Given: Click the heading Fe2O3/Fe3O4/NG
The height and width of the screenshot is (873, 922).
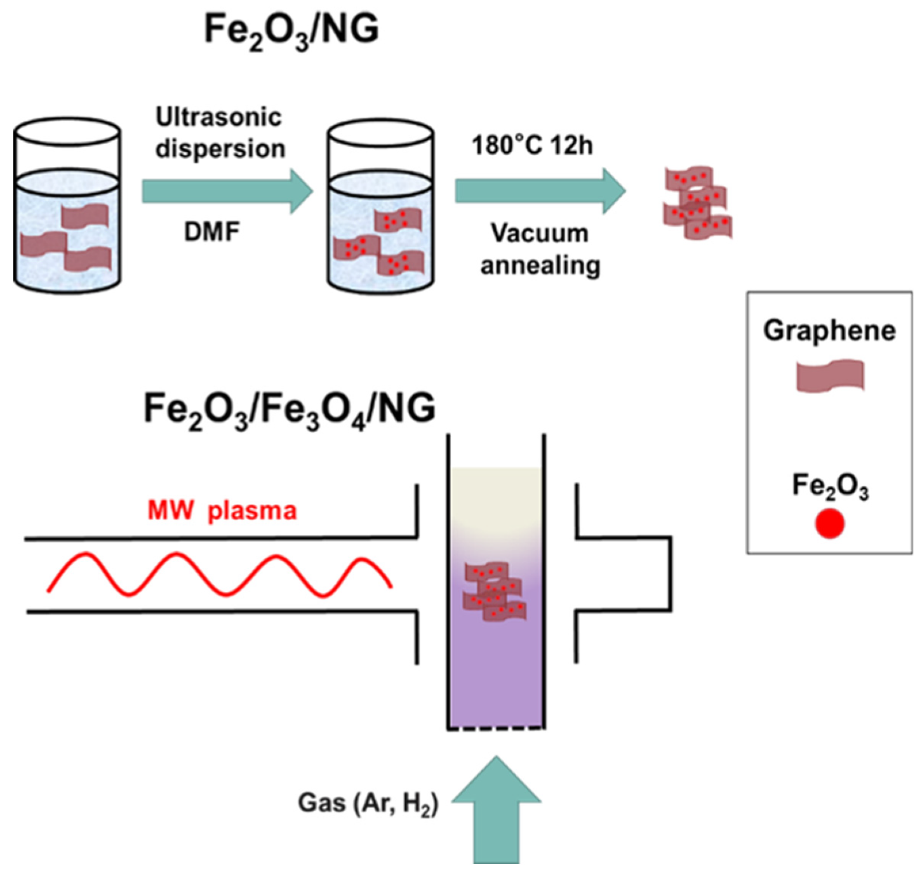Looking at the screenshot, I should pos(289,410).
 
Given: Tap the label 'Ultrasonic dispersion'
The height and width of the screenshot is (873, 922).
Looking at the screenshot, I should pos(220,133).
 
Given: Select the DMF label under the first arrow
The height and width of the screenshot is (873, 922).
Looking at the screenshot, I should pos(211,232).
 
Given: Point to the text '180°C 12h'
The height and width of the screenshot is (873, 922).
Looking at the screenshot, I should pos(531,146).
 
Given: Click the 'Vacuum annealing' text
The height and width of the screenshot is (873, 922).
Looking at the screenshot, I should pos(540,249).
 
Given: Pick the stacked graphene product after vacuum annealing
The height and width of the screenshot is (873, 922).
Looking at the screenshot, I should pos(697,203).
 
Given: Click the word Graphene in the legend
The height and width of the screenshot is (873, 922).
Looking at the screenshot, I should pos(829,331).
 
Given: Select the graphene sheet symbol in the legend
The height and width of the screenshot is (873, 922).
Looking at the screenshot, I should pos(830,376).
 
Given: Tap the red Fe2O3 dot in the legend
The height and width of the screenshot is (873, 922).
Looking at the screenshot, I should pos(829,524).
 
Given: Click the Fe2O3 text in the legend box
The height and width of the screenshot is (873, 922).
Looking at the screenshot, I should pos(829,487).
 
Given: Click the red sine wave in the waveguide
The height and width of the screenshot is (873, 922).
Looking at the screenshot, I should pos(219,575).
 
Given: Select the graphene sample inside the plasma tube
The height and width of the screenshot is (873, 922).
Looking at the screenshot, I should pos(494,591).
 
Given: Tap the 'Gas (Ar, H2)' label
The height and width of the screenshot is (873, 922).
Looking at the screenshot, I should pos(368,803).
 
